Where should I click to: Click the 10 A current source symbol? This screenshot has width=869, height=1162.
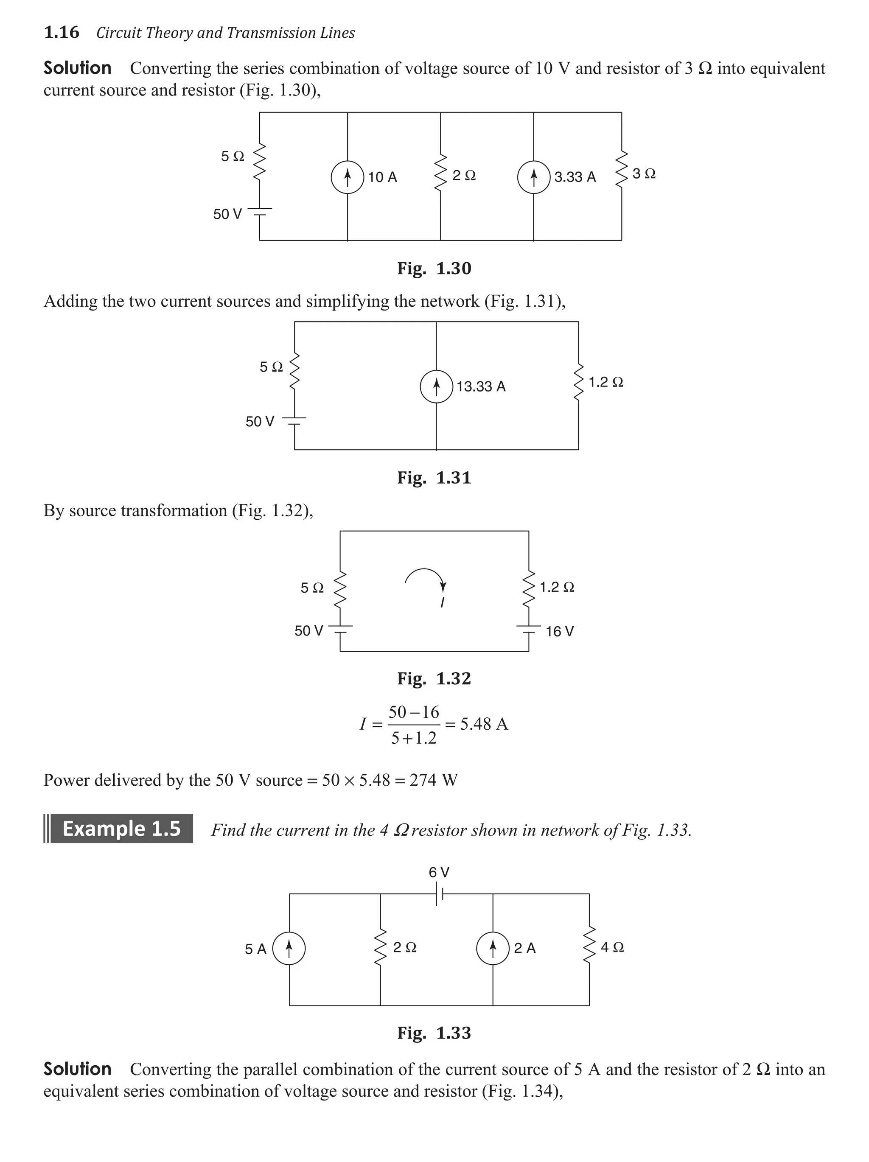(x=347, y=177)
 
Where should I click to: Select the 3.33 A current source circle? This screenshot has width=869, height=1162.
(x=534, y=177)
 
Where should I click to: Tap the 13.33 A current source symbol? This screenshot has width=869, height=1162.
(x=436, y=386)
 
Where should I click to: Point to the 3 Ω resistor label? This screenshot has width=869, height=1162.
(x=644, y=174)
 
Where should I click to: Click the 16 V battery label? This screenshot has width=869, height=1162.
(x=560, y=631)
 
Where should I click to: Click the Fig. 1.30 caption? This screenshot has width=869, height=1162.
(x=434, y=269)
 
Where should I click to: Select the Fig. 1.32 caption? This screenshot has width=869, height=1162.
(x=434, y=679)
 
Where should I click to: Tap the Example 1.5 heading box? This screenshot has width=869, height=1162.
(x=121, y=829)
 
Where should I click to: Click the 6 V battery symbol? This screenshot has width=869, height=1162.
(x=440, y=894)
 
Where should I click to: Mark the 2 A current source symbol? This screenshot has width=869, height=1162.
(x=493, y=949)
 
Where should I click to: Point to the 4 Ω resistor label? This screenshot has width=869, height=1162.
(x=612, y=948)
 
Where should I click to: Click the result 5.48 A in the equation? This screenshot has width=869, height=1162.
(x=484, y=725)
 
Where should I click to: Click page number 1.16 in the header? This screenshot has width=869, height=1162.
(x=62, y=33)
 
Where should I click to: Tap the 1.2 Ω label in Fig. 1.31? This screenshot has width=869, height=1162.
(x=606, y=382)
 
